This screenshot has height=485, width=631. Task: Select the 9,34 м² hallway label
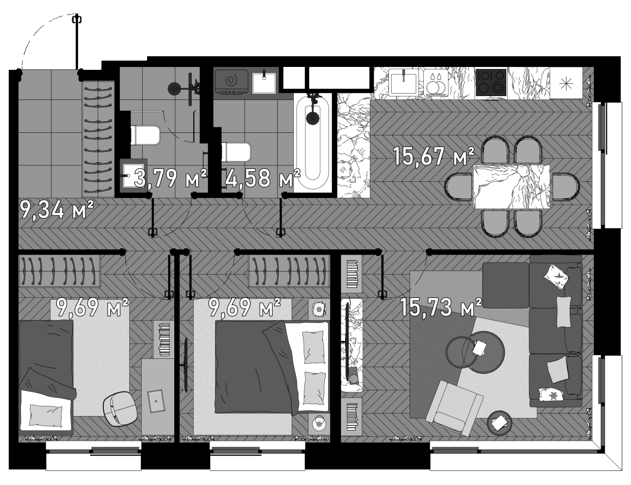[x=56, y=211]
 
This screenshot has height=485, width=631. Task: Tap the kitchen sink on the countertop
[x=403, y=82]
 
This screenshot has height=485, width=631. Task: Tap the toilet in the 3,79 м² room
[x=145, y=135]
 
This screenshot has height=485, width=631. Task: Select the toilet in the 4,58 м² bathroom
[x=236, y=151]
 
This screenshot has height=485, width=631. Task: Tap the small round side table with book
[x=500, y=423]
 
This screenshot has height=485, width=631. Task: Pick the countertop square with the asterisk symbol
[x=566, y=82]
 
